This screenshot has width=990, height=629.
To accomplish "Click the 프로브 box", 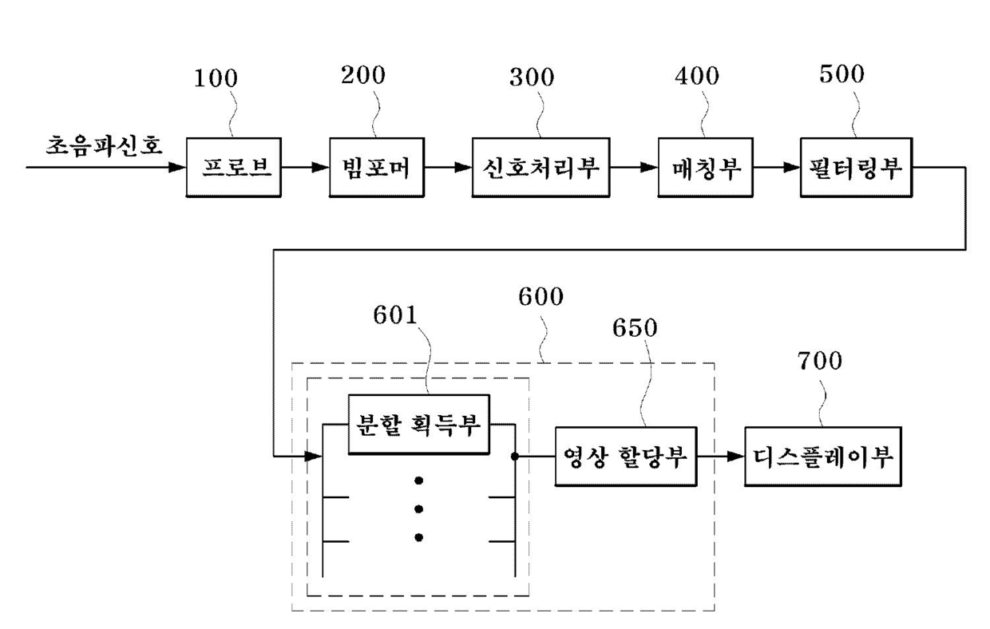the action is [233, 167].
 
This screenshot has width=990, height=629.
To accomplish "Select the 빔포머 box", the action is [377, 167].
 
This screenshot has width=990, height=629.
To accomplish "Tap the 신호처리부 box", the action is [541, 167].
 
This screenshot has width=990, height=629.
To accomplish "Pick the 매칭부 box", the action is [706, 167].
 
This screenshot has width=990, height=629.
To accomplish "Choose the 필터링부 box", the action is [856, 167].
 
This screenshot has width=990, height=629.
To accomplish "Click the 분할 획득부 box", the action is [418, 425].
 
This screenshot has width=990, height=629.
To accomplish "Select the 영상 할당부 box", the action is [626, 457].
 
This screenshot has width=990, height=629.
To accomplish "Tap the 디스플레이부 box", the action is [823, 457].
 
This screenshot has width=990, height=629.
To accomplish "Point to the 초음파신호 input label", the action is [105, 145].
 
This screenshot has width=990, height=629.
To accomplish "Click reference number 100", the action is [216, 78].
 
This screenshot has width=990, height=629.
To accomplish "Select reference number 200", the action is [362, 75].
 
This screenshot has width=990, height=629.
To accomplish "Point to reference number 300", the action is [532, 77].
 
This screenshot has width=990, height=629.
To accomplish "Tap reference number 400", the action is [697, 76].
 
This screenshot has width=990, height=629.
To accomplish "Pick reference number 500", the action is [842, 74].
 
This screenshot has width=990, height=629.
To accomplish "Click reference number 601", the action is [395, 315].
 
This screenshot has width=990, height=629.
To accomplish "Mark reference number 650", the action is [635, 328].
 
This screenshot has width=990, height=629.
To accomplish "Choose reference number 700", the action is [820, 361].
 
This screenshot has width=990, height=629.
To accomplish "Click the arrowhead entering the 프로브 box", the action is [178, 167].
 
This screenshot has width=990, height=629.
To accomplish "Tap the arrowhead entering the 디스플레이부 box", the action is [736, 457].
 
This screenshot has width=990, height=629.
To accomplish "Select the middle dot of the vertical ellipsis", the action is [418, 509].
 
